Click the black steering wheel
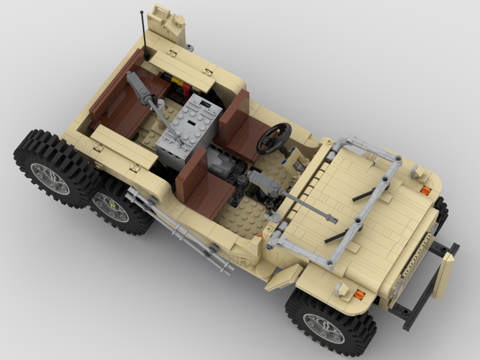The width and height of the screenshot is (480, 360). tap(274, 138)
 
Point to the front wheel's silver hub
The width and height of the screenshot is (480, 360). tap(324, 328)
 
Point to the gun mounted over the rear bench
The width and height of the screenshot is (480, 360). tap(144, 91)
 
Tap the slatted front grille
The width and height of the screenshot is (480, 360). tap(413, 259)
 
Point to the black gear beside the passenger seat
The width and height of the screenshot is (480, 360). tap(240, 192)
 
